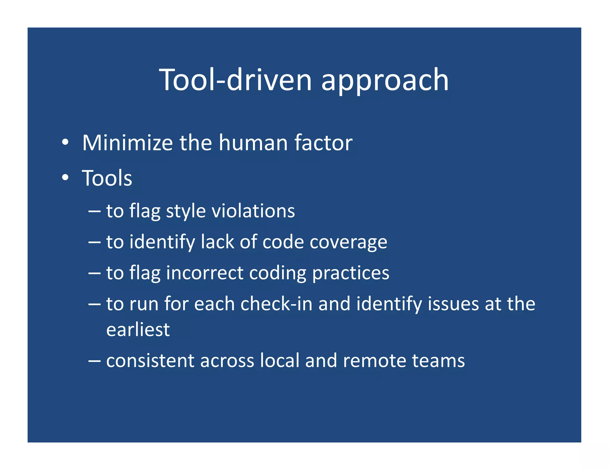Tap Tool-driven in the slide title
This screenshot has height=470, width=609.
tap(235, 80)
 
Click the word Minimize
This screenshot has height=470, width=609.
tap(127, 143)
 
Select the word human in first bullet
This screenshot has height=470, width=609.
tap(253, 143)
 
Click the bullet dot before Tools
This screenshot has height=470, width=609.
tap(65, 178)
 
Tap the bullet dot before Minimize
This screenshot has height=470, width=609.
tap(65, 143)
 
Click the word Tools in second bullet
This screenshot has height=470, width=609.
tap(107, 178)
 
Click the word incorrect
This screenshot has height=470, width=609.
tap(205, 273)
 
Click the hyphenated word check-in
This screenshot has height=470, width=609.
tap(277, 304)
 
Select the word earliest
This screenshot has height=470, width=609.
tap(138, 330)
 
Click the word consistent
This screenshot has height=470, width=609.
tap(150, 361)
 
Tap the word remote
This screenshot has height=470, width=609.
tap(374, 361)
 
